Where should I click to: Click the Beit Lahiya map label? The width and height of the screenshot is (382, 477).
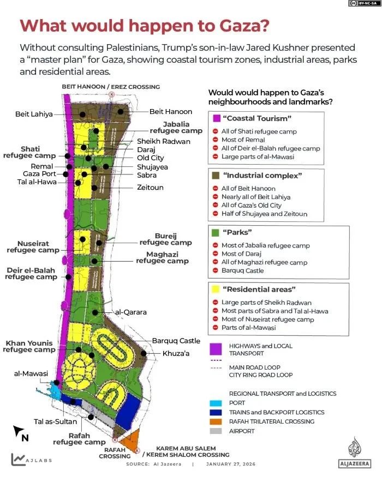34,114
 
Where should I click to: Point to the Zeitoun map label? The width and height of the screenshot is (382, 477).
150,188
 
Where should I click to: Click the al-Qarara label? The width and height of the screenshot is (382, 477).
130,312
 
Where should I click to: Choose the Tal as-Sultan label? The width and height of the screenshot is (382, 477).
53,421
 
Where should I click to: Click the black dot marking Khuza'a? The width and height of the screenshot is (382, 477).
144,353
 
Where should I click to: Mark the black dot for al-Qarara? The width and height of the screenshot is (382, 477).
95,312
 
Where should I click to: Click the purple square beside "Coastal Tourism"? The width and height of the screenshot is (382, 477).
216,118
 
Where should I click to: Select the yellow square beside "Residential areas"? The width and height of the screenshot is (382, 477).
216,289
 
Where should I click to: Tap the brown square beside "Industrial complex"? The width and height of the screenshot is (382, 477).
216,176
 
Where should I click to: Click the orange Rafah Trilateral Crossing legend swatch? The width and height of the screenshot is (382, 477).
216,421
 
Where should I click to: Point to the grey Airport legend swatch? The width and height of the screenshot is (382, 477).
216,431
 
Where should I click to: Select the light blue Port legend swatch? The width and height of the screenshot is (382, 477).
216,403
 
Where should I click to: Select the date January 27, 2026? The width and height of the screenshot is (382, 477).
230,464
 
